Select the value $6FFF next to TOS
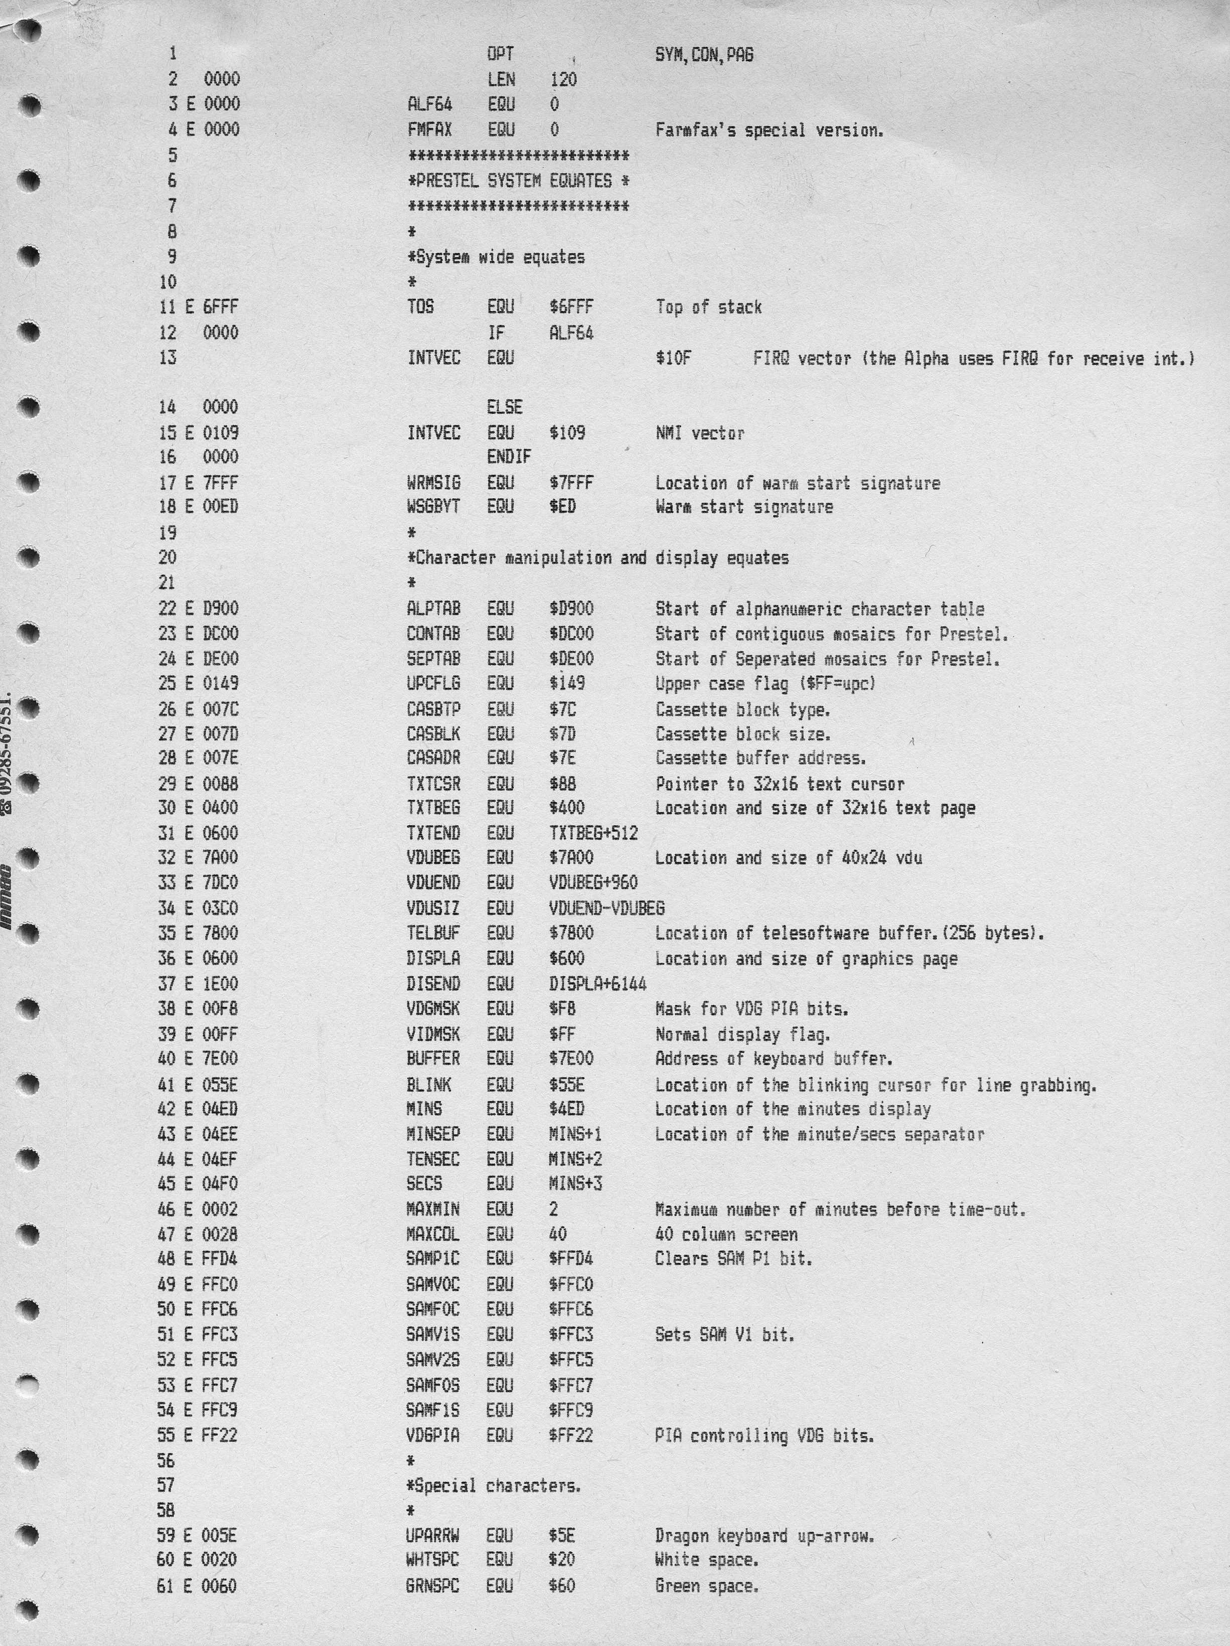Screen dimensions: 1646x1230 (x=571, y=307)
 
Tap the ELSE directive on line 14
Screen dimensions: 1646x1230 (x=505, y=407)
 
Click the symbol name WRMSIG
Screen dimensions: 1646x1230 (x=433, y=483)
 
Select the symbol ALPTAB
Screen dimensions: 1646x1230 (x=433, y=609)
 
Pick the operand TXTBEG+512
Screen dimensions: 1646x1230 (x=593, y=833)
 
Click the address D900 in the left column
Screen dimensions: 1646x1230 (x=220, y=609)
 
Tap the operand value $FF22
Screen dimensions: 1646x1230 (x=571, y=1435)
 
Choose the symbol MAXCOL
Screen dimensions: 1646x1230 (x=432, y=1235)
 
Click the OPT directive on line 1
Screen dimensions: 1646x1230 (x=500, y=54)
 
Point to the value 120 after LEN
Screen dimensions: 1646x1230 (x=563, y=80)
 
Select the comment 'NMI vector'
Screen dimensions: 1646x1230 (x=699, y=433)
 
